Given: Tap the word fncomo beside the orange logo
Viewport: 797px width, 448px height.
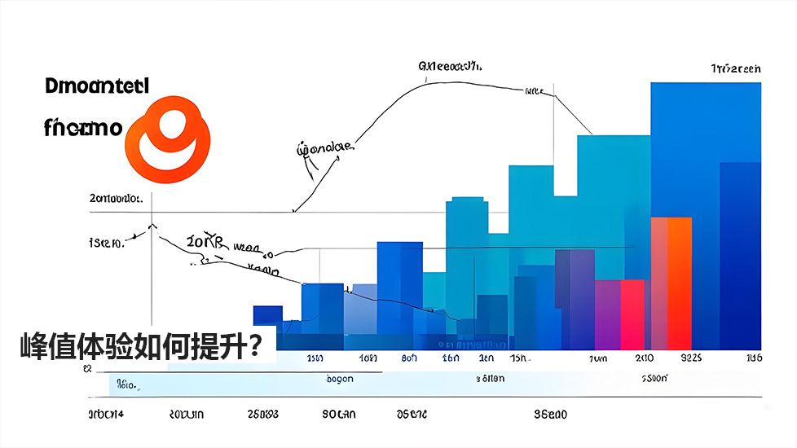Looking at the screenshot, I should [82, 127].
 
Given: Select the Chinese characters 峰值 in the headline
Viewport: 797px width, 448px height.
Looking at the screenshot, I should [46, 348].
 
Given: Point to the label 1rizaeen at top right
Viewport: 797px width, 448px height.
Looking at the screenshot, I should [735, 69].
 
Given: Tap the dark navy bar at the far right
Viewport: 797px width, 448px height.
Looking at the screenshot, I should [739, 253].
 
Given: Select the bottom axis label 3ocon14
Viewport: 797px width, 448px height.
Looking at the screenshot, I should [106, 415].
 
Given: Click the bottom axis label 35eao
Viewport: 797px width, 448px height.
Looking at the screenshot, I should [550, 415].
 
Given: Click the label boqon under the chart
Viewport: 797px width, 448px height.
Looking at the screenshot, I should [339, 379].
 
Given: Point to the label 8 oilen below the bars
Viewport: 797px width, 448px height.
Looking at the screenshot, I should [490, 379].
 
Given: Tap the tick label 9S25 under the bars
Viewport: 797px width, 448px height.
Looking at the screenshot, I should [690, 358].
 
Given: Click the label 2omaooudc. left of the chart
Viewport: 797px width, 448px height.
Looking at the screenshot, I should [117, 198].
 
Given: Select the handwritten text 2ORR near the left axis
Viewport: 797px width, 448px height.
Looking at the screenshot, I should [204, 242].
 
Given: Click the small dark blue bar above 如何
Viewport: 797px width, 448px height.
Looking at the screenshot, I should [267, 315].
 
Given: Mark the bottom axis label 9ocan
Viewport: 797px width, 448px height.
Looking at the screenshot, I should [338, 415].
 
